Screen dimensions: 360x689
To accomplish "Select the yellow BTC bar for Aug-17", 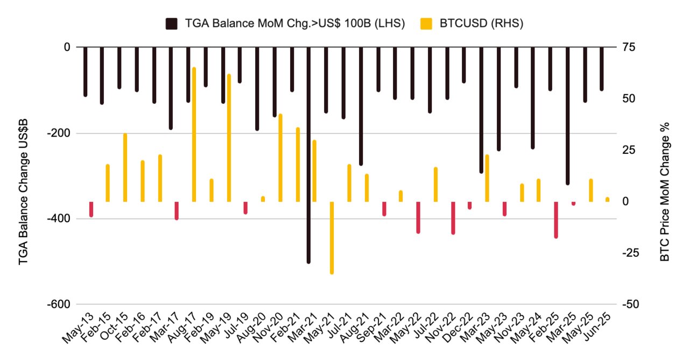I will [x=194, y=135].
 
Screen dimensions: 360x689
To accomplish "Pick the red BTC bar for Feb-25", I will [x=556, y=220].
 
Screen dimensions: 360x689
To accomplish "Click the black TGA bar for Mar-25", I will [x=567, y=115].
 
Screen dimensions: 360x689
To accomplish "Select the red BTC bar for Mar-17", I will [x=177, y=210].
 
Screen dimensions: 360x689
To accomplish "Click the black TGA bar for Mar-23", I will [x=481, y=110].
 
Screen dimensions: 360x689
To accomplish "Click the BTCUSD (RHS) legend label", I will [x=488, y=23].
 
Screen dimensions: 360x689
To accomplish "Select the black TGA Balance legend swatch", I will [x=172, y=23].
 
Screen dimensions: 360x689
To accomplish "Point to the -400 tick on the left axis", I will [x=59, y=219].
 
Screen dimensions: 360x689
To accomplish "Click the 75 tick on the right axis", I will [x=629, y=47].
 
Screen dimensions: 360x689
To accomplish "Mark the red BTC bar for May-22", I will [x=418, y=217].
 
